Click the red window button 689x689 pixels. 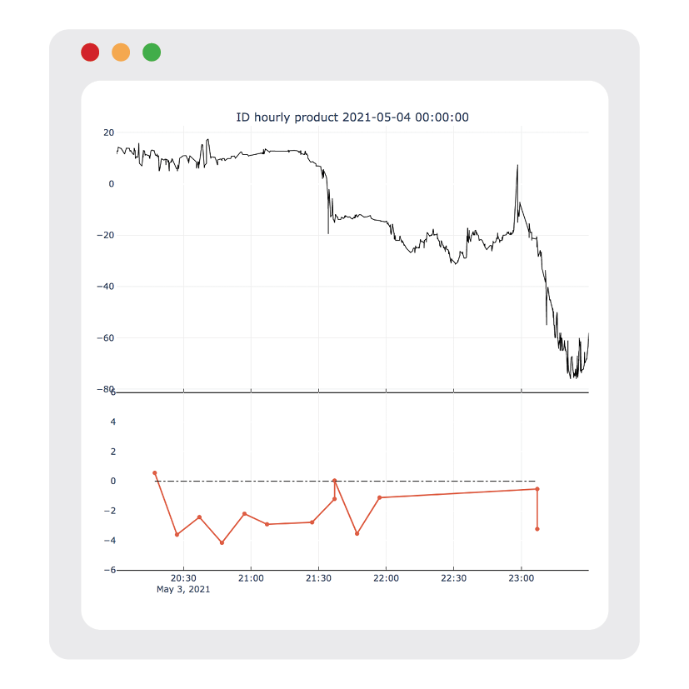pyautogui.click(x=90, y=52)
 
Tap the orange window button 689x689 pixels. pyautogui.click(x=121, y=52)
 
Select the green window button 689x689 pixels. pyautogui.click(x=152, y=52)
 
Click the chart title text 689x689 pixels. pyautogui.click(x=352, y=117)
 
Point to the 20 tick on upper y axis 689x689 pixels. pyautogui.click(x=108, y=132)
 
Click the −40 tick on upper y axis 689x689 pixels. pyautogui.click(x=105, y=287)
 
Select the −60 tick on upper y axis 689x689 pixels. pyautogui.click(x=105, y=338)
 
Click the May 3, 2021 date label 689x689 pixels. pyautogui.click(x=183, y=590)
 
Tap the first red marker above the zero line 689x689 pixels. pyautogui.click(x=155, y=473)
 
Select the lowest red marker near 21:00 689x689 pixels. pyautogui.click(x=222, y=542)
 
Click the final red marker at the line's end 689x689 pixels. pyautogui.click(x=537, y=529)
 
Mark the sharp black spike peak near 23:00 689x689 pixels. pyautogui.click(x=517, y=165)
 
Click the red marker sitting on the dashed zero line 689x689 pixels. pyautogui.click(x=334, y=481)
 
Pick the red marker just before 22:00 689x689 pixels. pyautogui.click(x=379, y=497)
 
